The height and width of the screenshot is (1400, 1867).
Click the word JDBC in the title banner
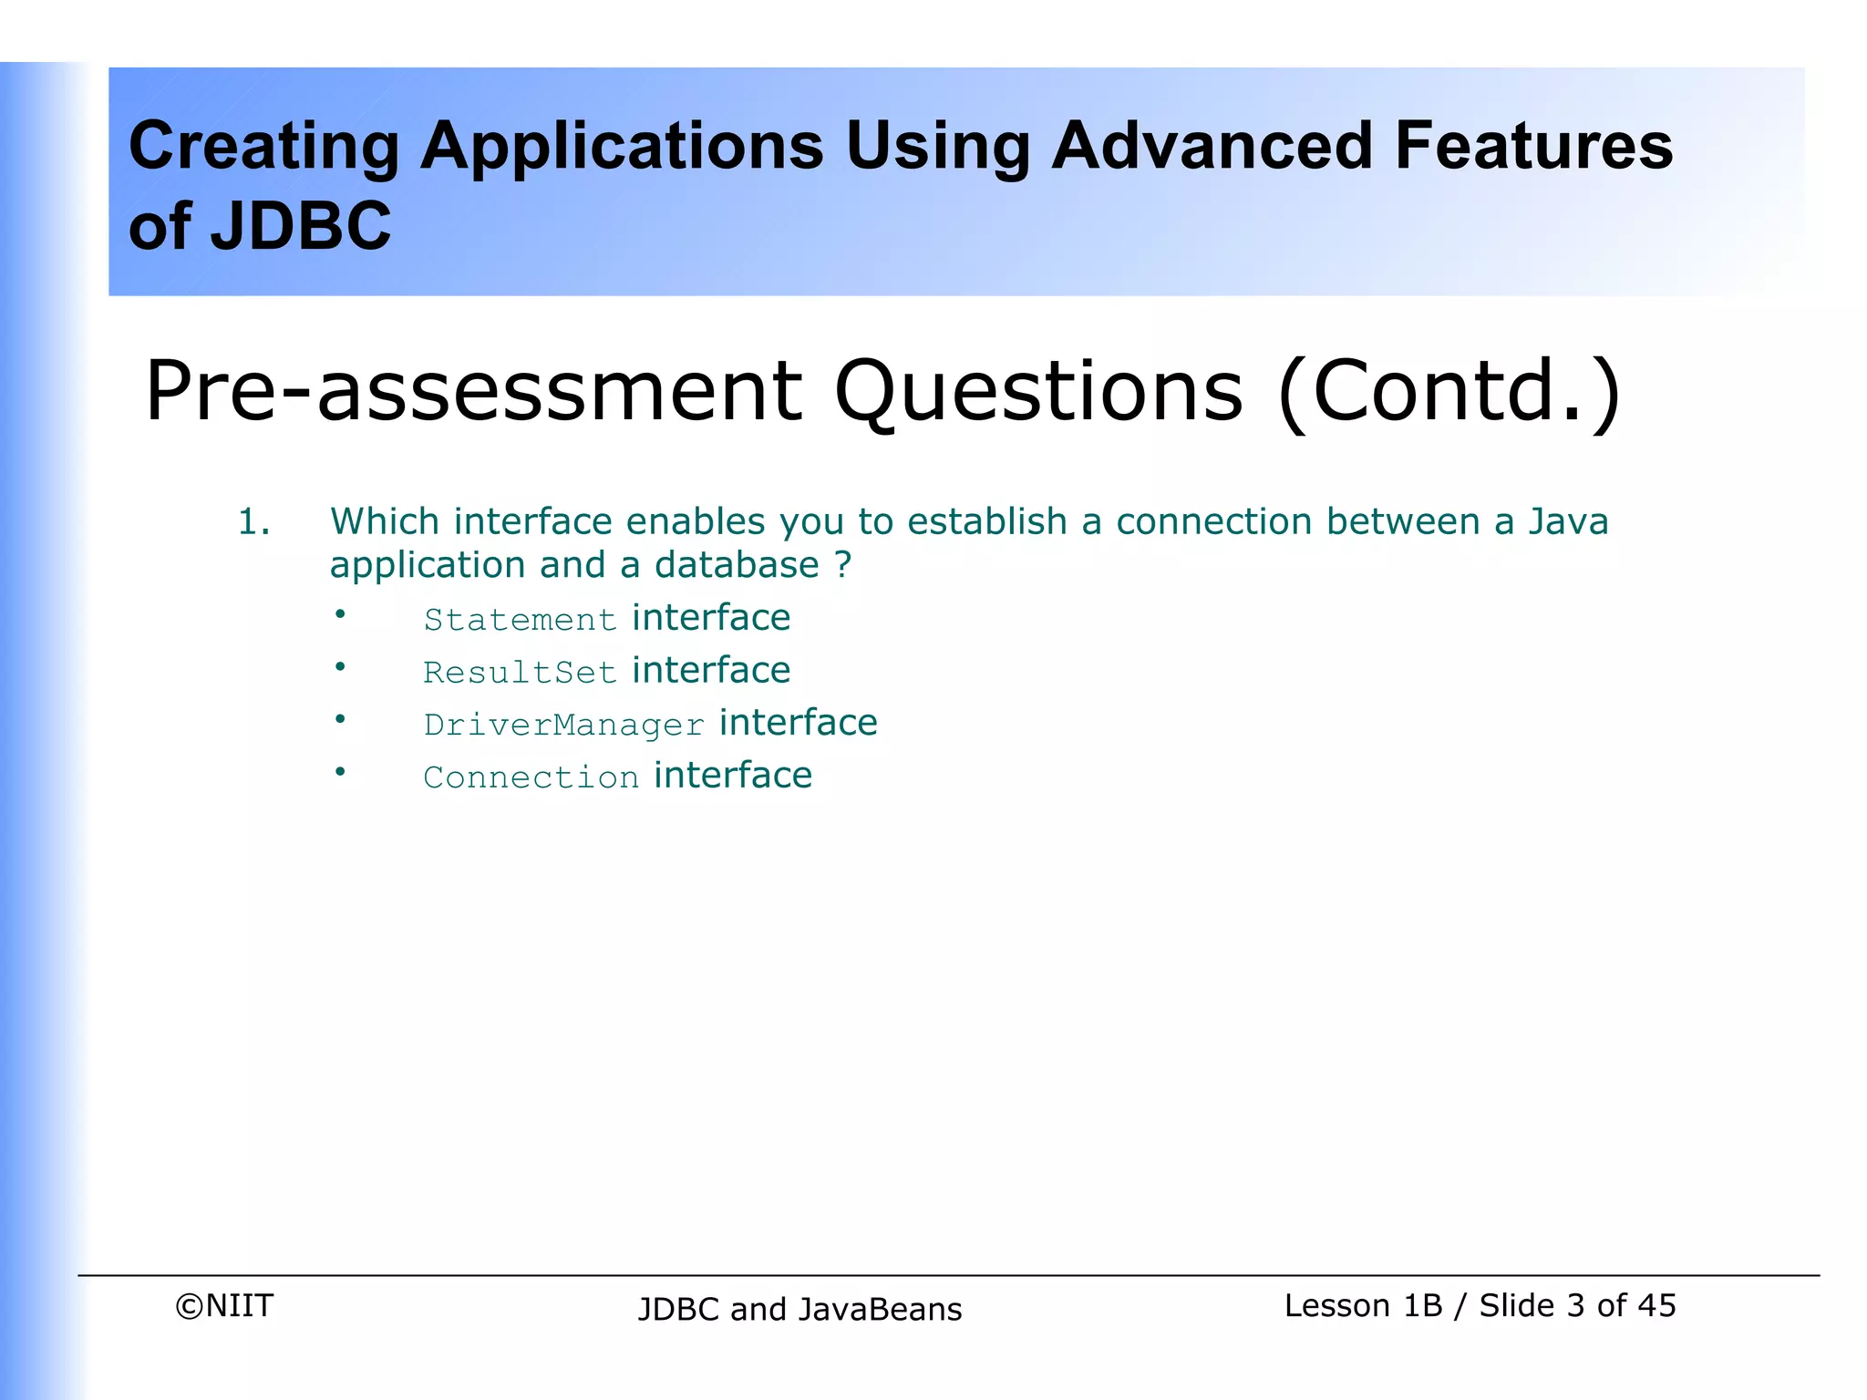tap(301, 226)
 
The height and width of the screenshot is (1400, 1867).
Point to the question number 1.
tap(253, 523)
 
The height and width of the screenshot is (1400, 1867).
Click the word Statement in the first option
tap(521, 621)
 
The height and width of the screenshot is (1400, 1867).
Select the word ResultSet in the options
tap(521, 673)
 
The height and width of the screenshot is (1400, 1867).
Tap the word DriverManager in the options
tap(564, 726)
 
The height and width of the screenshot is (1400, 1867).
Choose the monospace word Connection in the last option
tap(531, 777)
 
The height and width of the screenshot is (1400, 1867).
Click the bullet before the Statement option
tap(340, 615)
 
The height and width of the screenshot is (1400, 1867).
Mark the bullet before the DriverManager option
tap(340, 720)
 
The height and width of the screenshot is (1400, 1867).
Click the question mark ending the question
tap(842, 565)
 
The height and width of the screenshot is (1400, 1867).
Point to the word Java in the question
tap(1568, 522)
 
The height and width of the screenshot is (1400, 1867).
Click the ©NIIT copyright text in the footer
tap(224, 1306)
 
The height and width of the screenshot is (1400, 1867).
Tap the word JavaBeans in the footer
tap(880, 1310)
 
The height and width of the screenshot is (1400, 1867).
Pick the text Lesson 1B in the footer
tap(1363, 1306)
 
